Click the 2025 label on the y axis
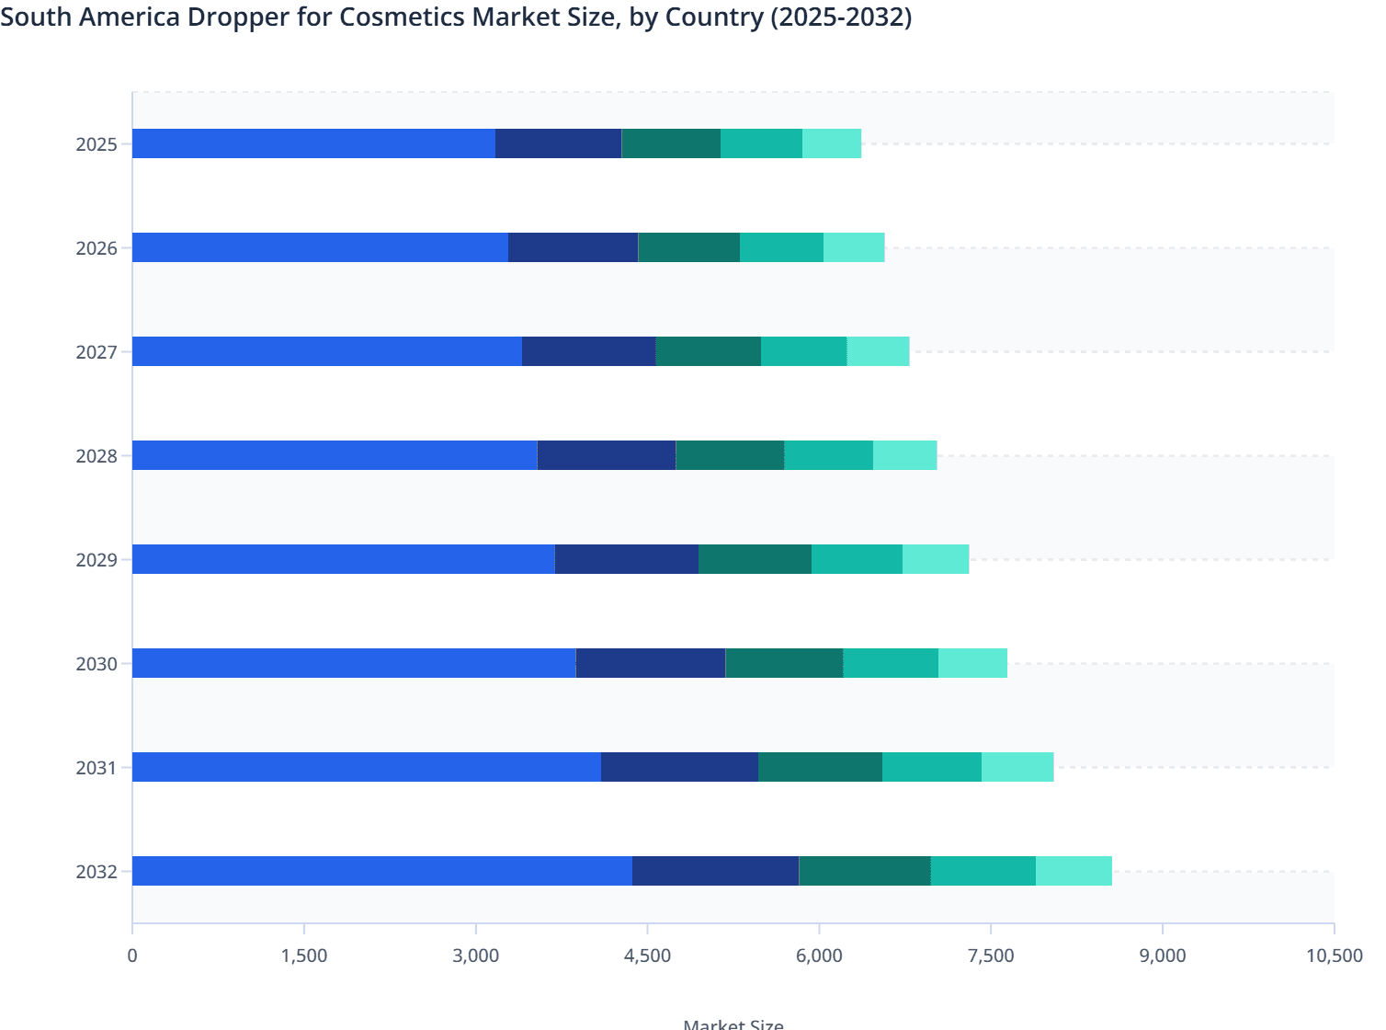tap(97, 144)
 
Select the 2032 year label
tap(97, 872)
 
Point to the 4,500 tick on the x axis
tap(648, 956)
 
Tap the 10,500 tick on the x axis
tap(1334, 956)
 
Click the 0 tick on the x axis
tap(132, 956)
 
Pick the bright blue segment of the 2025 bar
tap(313, 143)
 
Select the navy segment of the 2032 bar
tap(715, 871)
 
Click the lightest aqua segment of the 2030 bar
tap(972, 663)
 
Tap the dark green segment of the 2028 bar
tap(730, 455)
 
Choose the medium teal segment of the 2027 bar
tap(803, 351)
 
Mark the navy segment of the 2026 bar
tap(573, 247)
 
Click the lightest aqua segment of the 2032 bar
tap(1074, 871)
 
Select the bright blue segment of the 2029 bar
tap(344, 559)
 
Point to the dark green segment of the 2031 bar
tap(820, 767)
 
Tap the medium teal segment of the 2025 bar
tap(761, 143)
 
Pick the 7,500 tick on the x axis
tap(991, 956)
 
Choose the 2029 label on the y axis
tap(97, 560)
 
